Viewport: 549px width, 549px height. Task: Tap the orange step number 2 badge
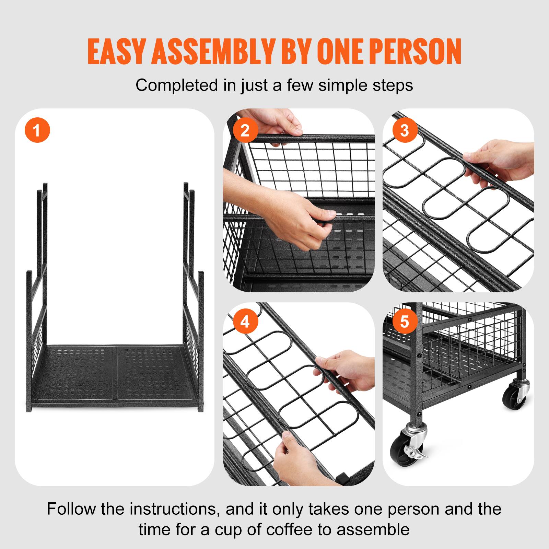[x=245, y=130]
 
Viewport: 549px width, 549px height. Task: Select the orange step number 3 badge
[x=405, y=130]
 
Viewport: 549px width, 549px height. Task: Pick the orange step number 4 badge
[x=245, y=322]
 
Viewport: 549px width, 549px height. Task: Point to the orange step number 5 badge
[x=405, y=322]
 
